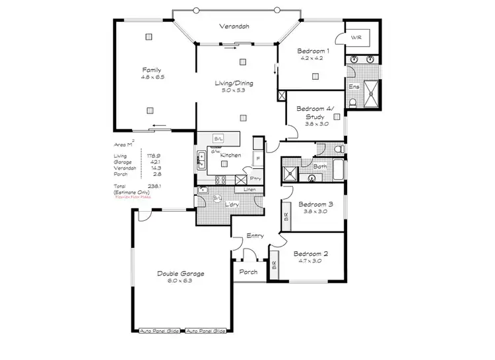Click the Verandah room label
[x=234, y=27]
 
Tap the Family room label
[x=152, y=70]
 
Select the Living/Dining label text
[x=234, y=84]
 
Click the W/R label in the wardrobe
[x=356, y=38]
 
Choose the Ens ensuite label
[x=354, y=86]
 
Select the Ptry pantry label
[x=255, y=178]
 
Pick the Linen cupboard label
[x=249, y=190]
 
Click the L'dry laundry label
[x=232, y=205]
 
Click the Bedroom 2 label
[x=310, y=254]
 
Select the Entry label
[x=255, y=235]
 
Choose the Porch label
[x=248, y=271]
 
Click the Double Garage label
[x=180, y=274]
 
